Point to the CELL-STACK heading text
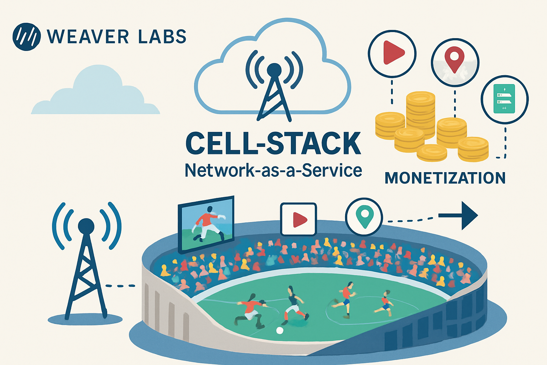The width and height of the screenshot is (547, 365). pyautogui.click(x=273, y=144)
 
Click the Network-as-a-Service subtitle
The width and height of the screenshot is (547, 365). pyautogui.click(x=273, y=170)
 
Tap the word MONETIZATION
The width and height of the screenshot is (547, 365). pyautogui.click(x=445, y=178)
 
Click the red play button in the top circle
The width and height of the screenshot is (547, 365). pyautogui.click(x=392, y=53)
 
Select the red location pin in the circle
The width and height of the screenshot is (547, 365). pyautogui.click(x=455, y=61)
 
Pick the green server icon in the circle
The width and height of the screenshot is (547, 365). pyautogui.click(x=504, y=99)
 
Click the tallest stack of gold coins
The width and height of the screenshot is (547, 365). pyautogui.click(x=421, y=114)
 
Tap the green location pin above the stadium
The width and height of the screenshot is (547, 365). pyautogui.click(x=364, y=217)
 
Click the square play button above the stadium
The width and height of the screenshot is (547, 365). pyautogui.click(x=298, y=219)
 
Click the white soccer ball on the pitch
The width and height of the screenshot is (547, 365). pyautogui.click(x=280, y=330)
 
